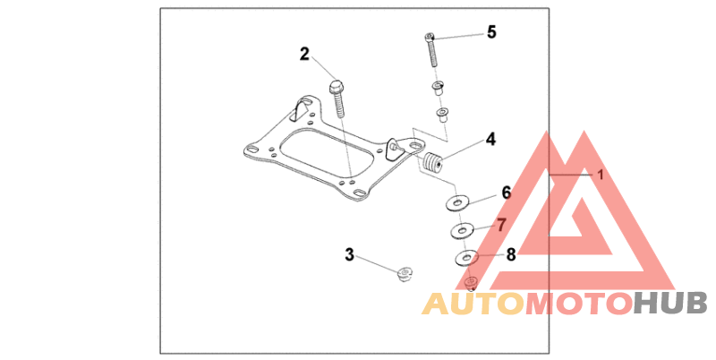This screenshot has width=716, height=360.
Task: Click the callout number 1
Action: click(x=601, y=175)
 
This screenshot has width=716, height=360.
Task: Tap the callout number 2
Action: click(x=304, y=54)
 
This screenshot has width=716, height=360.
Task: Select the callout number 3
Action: click(x=350, y=254)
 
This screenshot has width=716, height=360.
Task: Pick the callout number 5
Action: click(x=491, y=32)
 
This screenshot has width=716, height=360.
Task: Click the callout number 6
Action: click(x=506, y=193)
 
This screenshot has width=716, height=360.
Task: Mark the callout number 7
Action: click(x=501, y=224)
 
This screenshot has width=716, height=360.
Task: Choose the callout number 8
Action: click(x=511, y=254)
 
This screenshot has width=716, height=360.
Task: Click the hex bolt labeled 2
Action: click(x=339, y=101)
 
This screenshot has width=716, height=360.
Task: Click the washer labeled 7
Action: click(x=461, y=232)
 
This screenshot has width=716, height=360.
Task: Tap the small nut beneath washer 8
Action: click(x=472, y=284)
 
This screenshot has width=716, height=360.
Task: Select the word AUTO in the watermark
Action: click(x=473, y=304)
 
